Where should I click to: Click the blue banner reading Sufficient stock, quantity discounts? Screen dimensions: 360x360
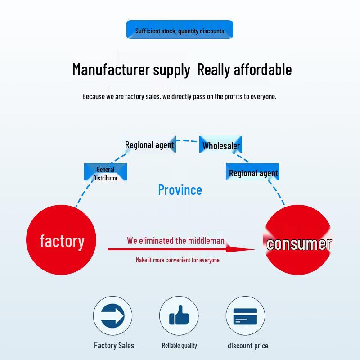tap(180, 30)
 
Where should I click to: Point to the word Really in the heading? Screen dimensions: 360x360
tap(214, 70)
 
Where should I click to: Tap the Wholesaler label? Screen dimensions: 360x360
tap(221, 145)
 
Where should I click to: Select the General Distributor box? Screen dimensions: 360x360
tap(105, 173)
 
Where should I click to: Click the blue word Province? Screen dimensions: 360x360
tap(180, 189)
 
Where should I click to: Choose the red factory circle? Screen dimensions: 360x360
tap(62, 240)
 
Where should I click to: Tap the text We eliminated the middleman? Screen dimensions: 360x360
tap(175, 241)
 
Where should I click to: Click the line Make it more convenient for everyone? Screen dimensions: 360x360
tap(178, 260)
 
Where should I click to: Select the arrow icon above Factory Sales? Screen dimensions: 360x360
tap(112, 315)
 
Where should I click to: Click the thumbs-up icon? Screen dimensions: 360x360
tap(179, 315)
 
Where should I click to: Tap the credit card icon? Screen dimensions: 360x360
tap(245, 316)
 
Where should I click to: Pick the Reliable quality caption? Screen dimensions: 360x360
tap(180, 346)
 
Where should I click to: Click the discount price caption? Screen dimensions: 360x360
tap(248, 346)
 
